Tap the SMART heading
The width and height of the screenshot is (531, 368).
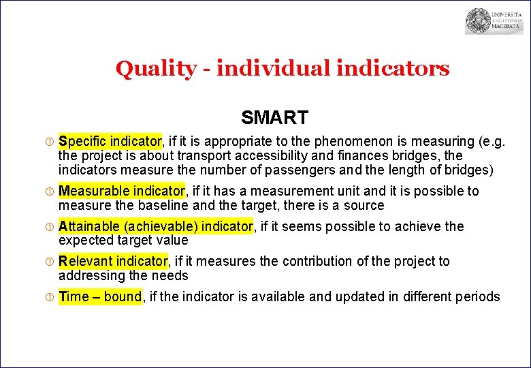274,118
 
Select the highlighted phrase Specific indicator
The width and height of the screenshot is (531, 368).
110,141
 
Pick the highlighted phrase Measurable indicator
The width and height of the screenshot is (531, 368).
121,191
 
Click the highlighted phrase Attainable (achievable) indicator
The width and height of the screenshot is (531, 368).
156,226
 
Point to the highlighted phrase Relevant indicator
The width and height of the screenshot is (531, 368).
113,261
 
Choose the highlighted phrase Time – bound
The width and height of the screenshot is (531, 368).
100,296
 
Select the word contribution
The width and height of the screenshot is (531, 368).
319,261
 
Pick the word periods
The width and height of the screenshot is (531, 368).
478,296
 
